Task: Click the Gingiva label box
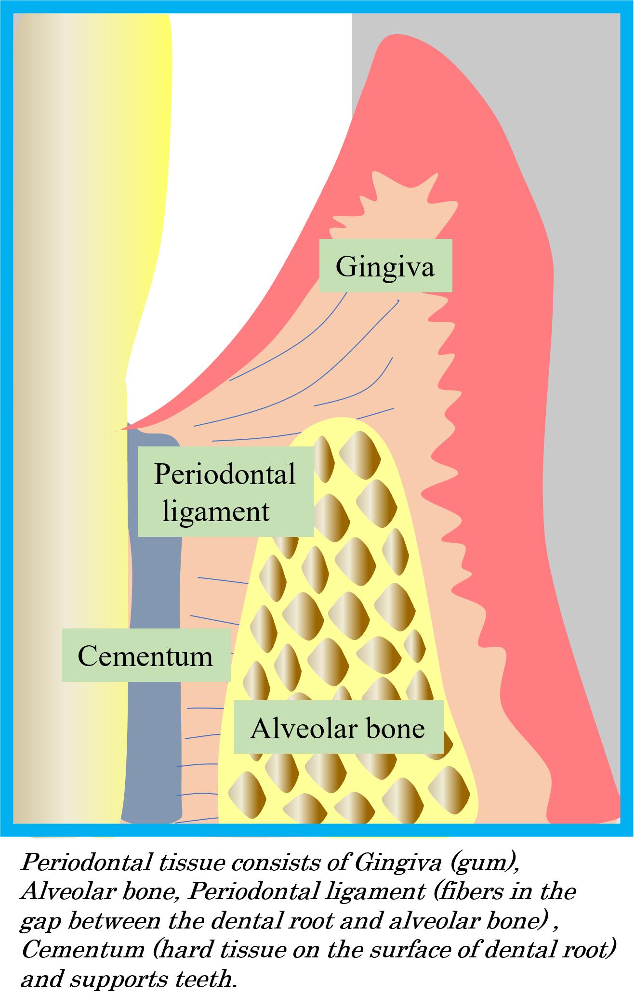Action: (385, 265)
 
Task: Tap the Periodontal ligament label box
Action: (225, 492)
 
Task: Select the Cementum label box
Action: (146, 655)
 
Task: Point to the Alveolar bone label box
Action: (338, 727)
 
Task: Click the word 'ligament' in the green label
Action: (216, 511)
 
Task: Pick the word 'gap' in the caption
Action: (40, 921)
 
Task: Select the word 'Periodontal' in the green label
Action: (225, 474)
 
